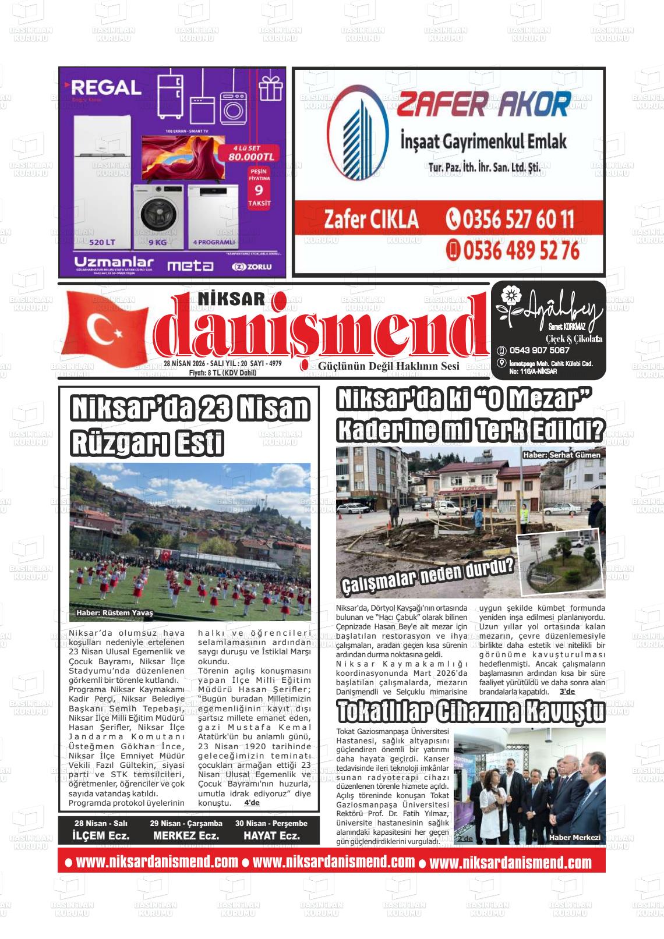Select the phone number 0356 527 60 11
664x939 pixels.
510,220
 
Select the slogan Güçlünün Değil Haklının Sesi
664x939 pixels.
388,366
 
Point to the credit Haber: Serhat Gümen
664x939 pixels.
561,455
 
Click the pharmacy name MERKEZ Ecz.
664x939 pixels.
186,835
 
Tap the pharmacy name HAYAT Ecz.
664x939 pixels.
272,835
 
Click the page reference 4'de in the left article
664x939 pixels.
252,803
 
